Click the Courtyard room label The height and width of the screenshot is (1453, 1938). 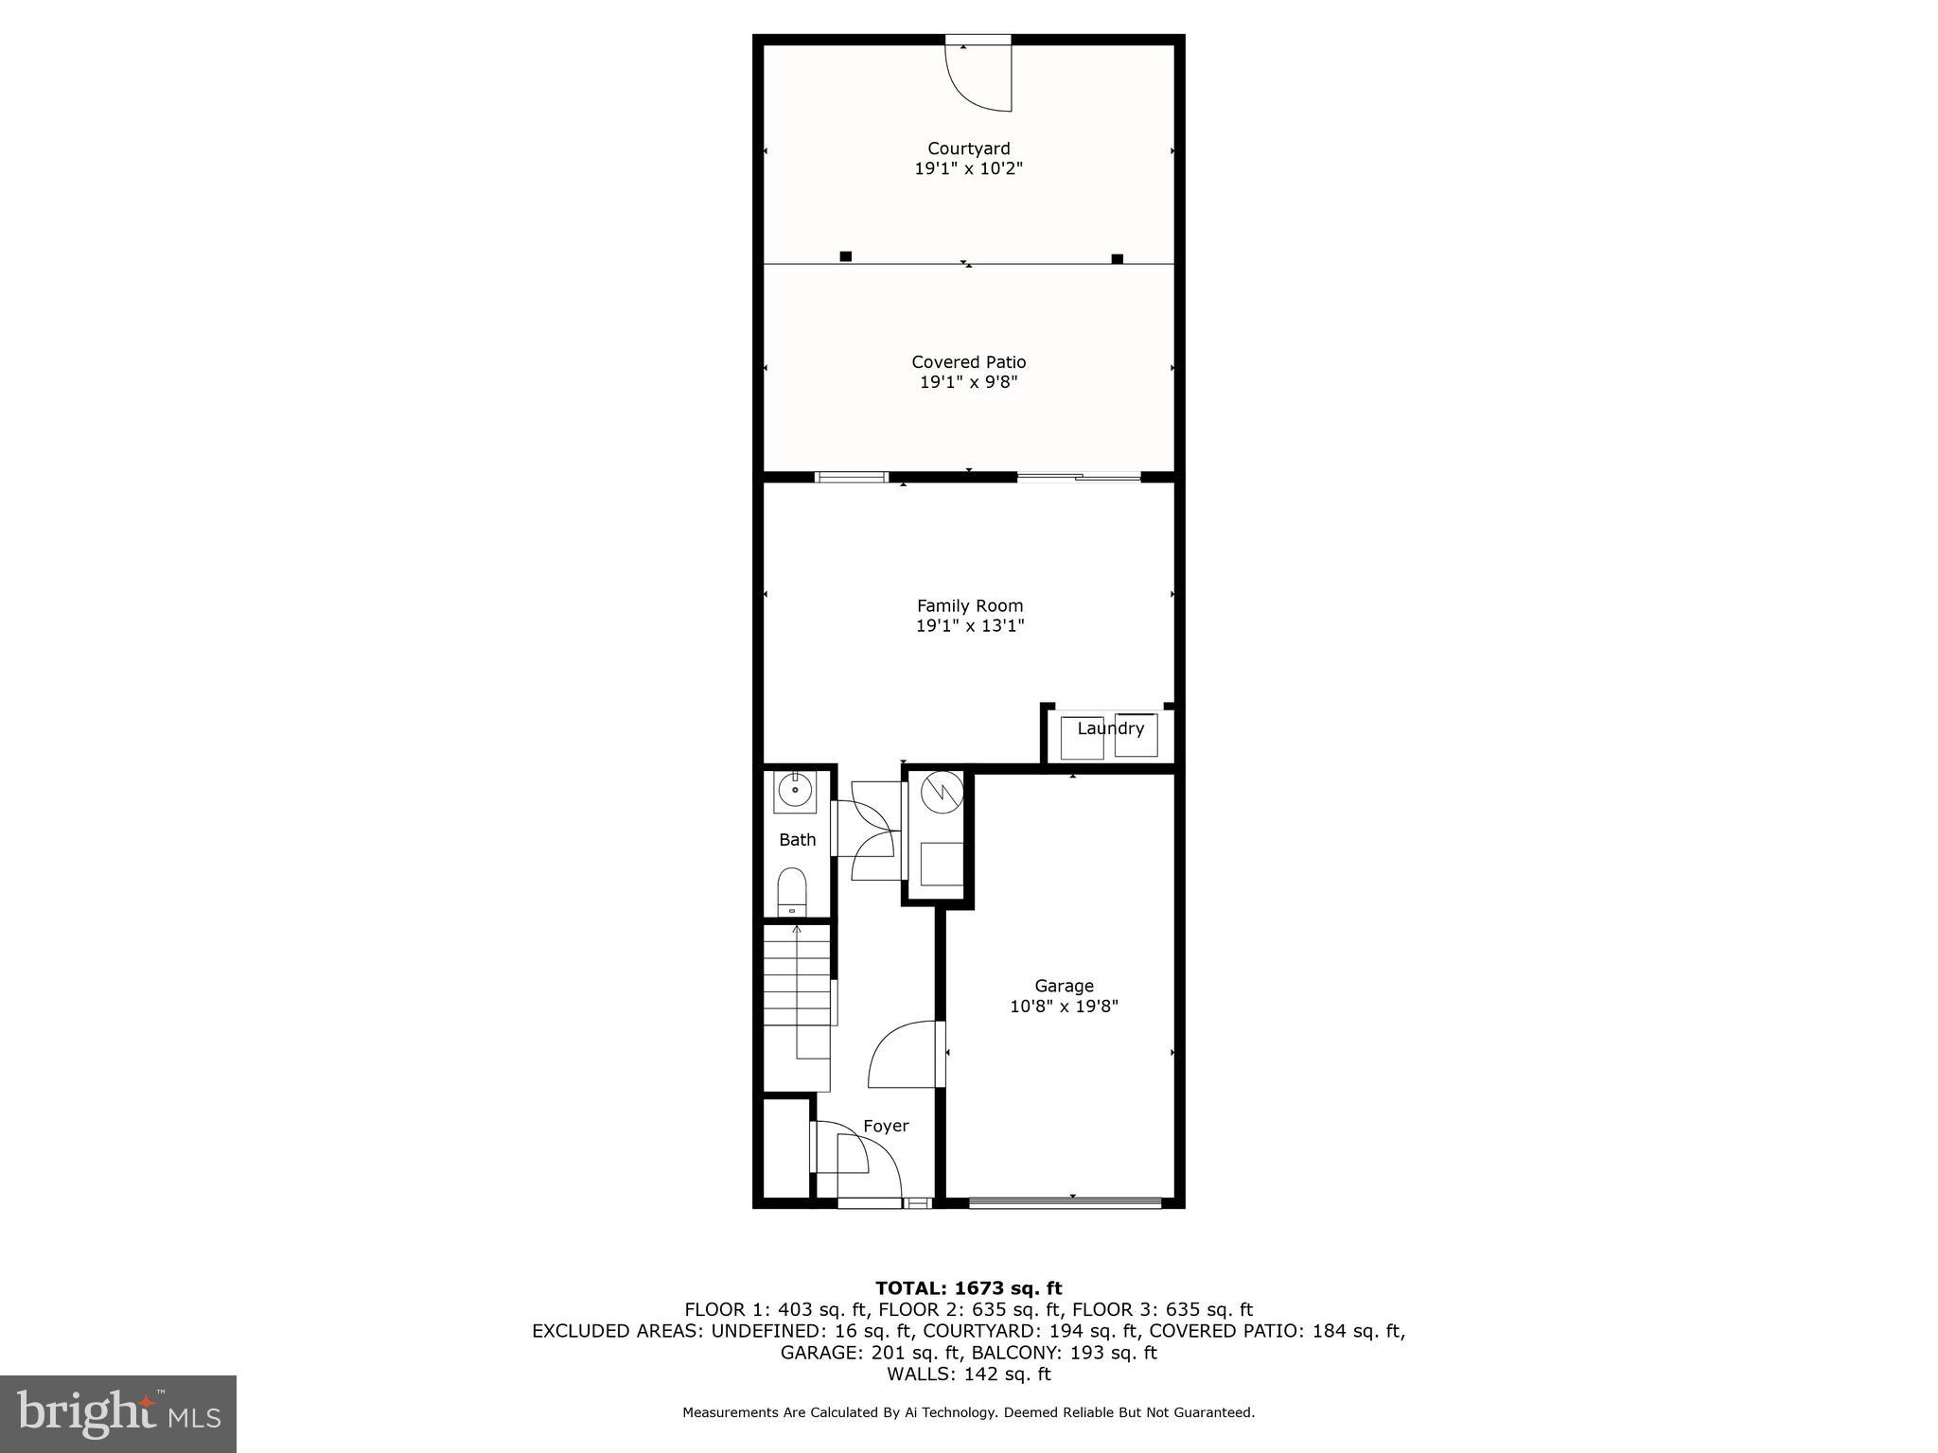[x=968, y=149]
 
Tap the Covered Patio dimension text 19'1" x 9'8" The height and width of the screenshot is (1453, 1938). [x=968, y=382]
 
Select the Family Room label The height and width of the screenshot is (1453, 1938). [x=969, y=605]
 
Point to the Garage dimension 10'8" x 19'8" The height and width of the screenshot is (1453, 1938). [x=1064, y=1007]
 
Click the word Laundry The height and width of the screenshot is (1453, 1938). [x=1110, y=728]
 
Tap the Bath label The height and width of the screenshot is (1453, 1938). [x=797, y=839]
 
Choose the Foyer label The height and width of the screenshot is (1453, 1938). [x=886, y=1126]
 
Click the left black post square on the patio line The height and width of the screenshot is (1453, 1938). [x=846, y=256]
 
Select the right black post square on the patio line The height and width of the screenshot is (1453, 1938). [x=1117, y=258]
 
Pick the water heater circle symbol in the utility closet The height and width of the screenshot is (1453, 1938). [x=942, y=791]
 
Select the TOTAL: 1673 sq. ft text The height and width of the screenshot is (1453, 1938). [x=968, y=1287]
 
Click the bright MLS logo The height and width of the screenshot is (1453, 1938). [x=118, y=1413]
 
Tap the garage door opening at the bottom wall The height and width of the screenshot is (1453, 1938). [x=1065, y=1202]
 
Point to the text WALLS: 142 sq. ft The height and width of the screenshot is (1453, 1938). [x=968, y=1374]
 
